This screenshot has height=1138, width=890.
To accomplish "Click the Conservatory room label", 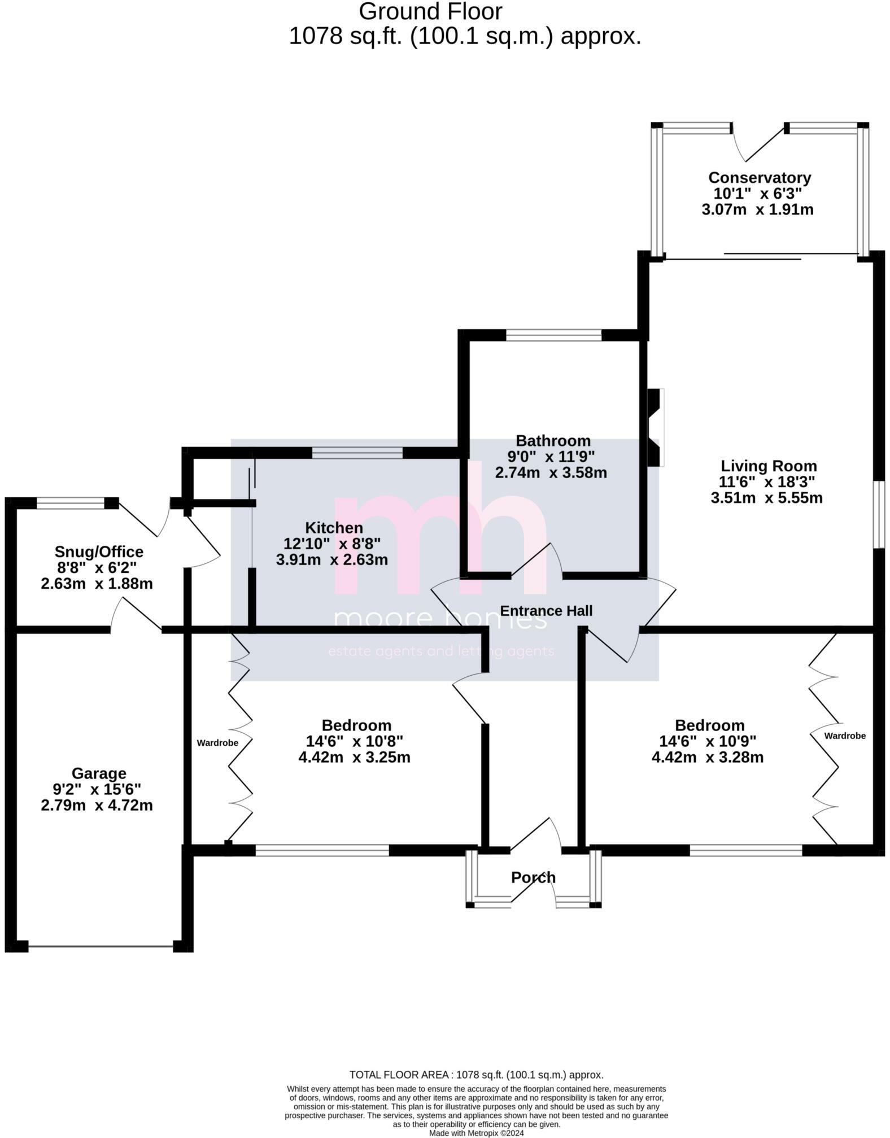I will click(759, 177).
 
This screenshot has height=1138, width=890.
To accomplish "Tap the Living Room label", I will click(768, 466).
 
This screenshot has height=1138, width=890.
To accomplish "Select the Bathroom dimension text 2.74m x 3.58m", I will click(551, 472).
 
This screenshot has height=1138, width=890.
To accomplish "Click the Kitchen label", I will click(334, 528).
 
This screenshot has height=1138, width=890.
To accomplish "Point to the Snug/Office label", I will click(99, 552).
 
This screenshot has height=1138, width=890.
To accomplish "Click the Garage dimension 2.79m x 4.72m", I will click(97, 805).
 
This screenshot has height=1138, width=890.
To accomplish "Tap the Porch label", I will click(533, 877).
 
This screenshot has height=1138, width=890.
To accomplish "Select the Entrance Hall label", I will click(546, 611).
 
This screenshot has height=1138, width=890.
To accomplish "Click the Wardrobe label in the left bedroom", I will click(217, 743).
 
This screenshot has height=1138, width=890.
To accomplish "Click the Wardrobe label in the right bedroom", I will click(845, 736).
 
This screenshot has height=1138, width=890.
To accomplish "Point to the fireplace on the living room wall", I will click(655, 427).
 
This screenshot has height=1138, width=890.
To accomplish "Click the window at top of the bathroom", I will click(553, 336).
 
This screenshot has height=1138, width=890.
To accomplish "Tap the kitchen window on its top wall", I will click(357, 452).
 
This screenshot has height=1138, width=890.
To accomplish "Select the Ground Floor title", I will click(430, 11).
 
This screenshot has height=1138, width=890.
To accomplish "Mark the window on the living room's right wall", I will click(879, 514).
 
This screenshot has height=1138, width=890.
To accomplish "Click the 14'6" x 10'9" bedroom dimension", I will click(707, 741).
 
